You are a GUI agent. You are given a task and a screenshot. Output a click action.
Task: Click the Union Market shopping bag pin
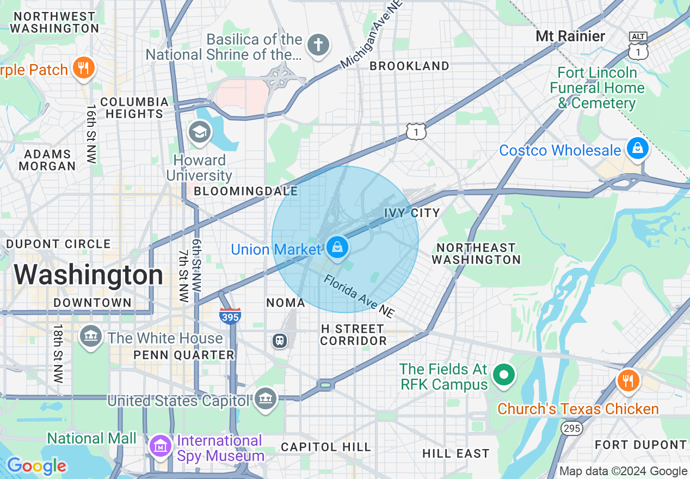(x=337, y=248)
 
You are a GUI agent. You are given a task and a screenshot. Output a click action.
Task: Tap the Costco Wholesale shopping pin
(x=636, y=148)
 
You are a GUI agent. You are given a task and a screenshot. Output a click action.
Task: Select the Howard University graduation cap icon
(x=200, y=132)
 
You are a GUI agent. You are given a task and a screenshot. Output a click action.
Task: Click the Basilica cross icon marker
(x=318, y=45)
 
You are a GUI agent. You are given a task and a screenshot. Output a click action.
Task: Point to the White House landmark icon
(x=90, y=337)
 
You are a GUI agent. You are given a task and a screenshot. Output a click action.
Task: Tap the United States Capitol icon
(x=266, y=399)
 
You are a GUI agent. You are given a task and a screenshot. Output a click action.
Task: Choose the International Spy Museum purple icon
(x=161, y=446)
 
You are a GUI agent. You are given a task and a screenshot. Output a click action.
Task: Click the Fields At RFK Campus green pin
(x=504, y=374)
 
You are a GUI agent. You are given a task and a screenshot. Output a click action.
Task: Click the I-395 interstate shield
(x=231, y=315)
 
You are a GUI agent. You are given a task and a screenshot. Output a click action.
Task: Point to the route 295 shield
(x=572, y=428)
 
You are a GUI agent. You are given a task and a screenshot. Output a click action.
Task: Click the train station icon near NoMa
(x=280, y=341)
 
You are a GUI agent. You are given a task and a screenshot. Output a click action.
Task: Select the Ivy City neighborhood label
(x=412, y=213)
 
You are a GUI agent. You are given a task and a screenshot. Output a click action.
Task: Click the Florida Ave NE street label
(x=359, y=297)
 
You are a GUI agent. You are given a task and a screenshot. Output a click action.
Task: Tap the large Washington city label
(x=89, y=275)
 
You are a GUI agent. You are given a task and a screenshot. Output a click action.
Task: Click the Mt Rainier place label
(x=570, y=36)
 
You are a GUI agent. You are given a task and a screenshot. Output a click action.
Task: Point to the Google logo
(x=36, y=466)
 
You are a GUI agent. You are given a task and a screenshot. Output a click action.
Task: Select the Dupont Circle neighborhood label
(x=58, y=244)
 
